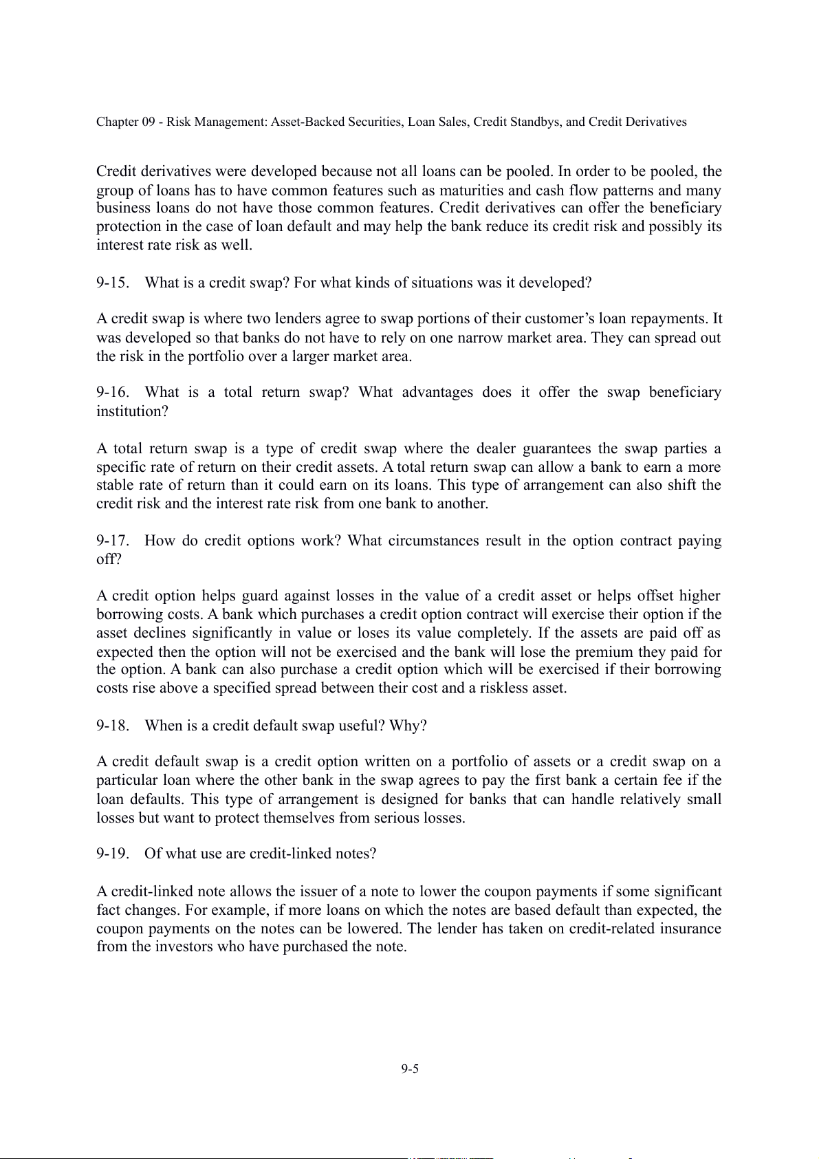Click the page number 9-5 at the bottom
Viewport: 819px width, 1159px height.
click(x=410, y=1068)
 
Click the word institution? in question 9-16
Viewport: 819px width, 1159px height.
click(x=132, y=411)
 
